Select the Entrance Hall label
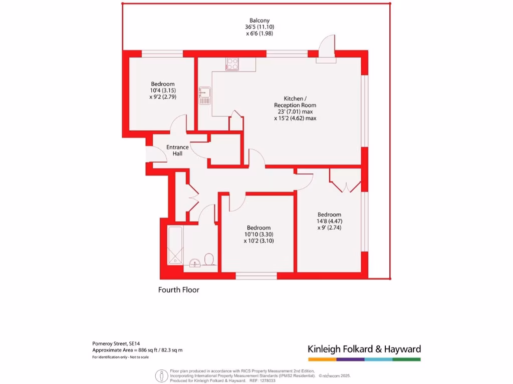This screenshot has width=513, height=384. (x=178, y=150)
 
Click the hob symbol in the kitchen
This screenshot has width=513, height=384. (x=232, y=64)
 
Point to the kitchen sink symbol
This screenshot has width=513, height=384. (x=204, y=95)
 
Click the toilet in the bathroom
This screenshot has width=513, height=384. (x=209, y=259)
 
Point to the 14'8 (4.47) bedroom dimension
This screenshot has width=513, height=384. (x=329, y=221)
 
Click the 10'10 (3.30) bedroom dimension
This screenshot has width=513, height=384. (x=259, y=234)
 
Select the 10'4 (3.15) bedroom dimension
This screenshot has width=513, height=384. (x=163, y=90)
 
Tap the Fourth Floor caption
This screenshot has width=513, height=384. (x=179, y=289)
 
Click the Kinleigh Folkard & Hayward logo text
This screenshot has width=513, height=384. (x=364, y=349)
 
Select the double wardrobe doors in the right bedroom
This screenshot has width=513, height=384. (x=345, y=182)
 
